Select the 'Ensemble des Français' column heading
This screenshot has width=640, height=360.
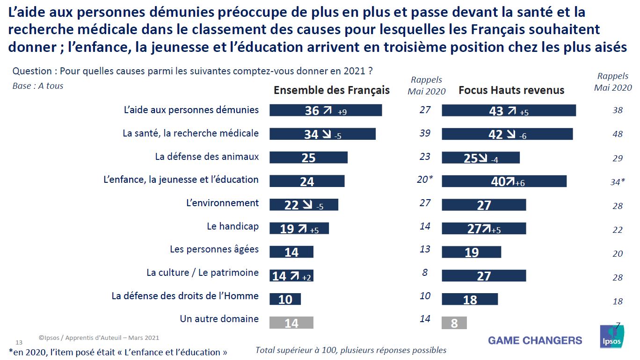331,90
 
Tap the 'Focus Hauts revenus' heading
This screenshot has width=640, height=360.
511,90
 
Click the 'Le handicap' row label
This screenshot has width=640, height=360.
233,226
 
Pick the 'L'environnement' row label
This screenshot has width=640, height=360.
222,203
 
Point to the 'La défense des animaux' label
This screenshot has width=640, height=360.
207,157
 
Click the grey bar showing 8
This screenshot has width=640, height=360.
454,323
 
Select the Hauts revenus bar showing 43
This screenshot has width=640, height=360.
509,110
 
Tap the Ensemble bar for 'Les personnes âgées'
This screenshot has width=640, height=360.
291,252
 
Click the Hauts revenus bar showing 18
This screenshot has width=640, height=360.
470,299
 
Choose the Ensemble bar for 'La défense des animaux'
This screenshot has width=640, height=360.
308,158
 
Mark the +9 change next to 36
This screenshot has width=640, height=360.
342,112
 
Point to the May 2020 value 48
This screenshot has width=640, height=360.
618,134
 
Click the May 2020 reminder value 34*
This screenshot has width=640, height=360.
617,181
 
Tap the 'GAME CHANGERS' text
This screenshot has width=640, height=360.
535,340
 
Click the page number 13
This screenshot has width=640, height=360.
19,343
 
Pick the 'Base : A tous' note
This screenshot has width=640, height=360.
38,86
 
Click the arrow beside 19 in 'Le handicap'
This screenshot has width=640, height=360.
302,229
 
